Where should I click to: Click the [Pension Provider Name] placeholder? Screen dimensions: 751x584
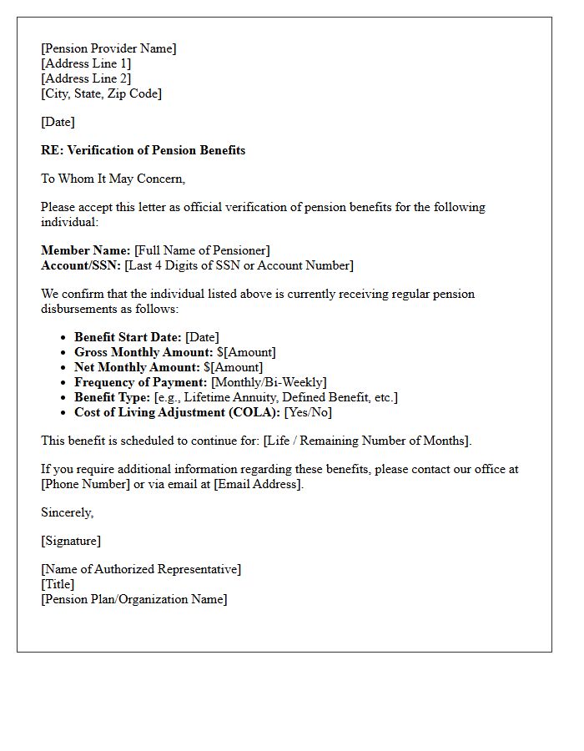(108, 48)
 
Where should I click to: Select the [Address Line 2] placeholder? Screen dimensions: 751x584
(86, 78)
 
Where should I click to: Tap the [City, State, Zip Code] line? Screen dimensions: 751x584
(101, 93)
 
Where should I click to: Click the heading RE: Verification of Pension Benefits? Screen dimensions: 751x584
(143, 150)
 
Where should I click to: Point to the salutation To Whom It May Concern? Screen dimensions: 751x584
(113, 179)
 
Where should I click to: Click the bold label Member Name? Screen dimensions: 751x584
(85, 250)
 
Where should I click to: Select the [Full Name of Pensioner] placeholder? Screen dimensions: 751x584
(202, 250)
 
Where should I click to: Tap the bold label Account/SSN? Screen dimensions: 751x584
(81, 265)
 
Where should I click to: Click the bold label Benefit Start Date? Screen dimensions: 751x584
(128, 337)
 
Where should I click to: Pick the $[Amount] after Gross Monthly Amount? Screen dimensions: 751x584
(246, 352)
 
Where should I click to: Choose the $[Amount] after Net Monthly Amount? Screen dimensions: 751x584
(233, 367)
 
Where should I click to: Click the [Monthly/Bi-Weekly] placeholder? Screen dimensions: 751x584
(269, 382)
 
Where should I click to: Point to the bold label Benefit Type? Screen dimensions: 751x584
(113, 397)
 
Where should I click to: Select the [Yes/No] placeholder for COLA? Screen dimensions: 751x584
(309, 412)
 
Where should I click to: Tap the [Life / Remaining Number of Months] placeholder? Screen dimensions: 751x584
(367, 441)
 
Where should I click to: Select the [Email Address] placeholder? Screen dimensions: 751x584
(258, 484)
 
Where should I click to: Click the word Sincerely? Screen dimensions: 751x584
(67, 512)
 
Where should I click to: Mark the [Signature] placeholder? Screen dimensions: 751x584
(71, 541)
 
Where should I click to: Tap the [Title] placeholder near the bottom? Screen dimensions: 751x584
(58, 584)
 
